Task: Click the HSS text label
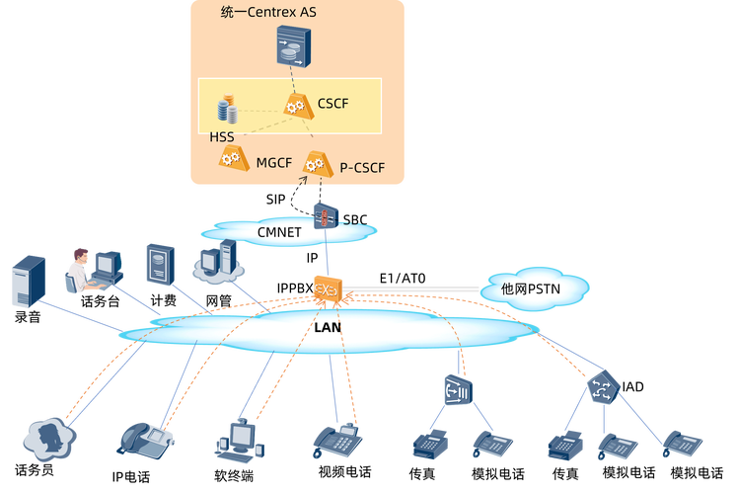(222, 136)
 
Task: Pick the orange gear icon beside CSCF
(295, 105)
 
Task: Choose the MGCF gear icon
(233, 158)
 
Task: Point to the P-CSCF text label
(361, 168)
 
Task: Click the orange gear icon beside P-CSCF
(316, 163)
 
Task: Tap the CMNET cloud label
(279, 232)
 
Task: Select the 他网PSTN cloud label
(531, 288)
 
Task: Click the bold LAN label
(329, 326)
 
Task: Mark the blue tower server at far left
(28, 280)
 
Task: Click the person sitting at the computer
(81, 269)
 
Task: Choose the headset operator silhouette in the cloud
(46, 438)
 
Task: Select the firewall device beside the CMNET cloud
(327, 214)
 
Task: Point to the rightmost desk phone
(682, 444)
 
